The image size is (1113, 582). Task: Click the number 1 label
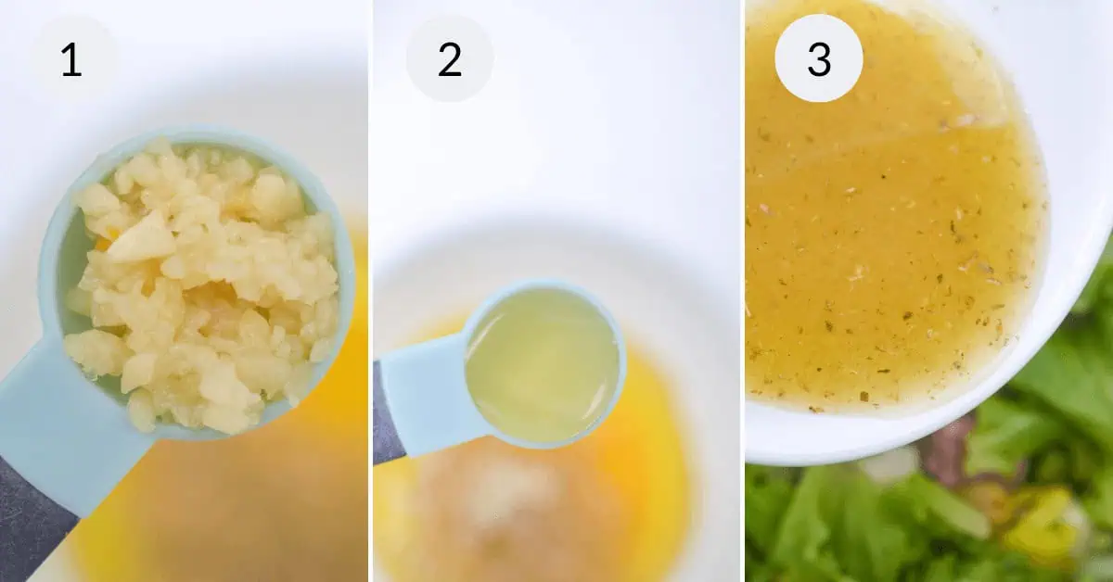click(x=71, y=59)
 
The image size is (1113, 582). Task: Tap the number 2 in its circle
click(x=450, y=59)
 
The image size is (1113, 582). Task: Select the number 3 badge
click(x=819, y=58)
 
